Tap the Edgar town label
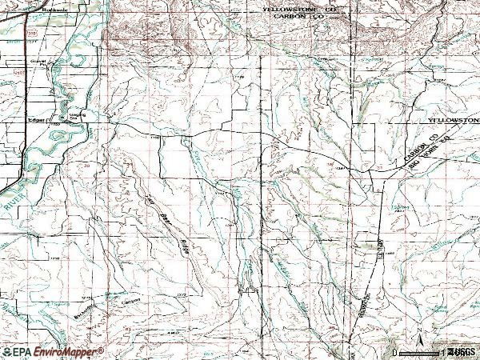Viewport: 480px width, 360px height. click(38, 122)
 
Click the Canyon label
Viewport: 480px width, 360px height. click(130, 301)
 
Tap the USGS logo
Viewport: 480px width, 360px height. click(461, 352)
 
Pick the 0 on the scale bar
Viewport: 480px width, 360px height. click(395, 352)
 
